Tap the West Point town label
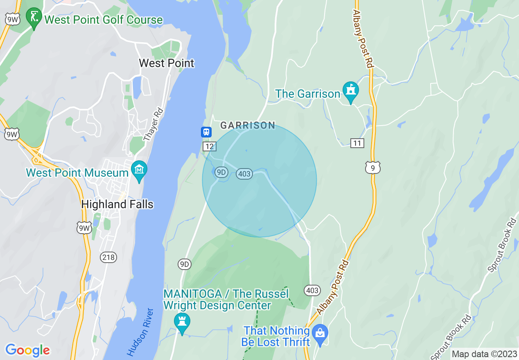[x=167, y=63]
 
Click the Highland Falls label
[x=117, y=204]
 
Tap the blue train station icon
[x=206, y=132]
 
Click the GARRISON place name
[x=248, y=125]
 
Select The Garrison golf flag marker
[x=351, y=91]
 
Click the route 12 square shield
[x=210, y=146]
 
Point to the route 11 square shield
[x=357, y=143]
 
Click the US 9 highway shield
[x=373, y=167]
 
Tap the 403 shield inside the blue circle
[x=244, y=174]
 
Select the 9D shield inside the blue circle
[x=221, y=172]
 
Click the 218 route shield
[x=108, y=257]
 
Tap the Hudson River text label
[x=140, y=332]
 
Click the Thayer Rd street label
[x=153, y=125]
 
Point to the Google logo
[x=27, y=350]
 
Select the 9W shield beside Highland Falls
[x=84, y=228]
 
